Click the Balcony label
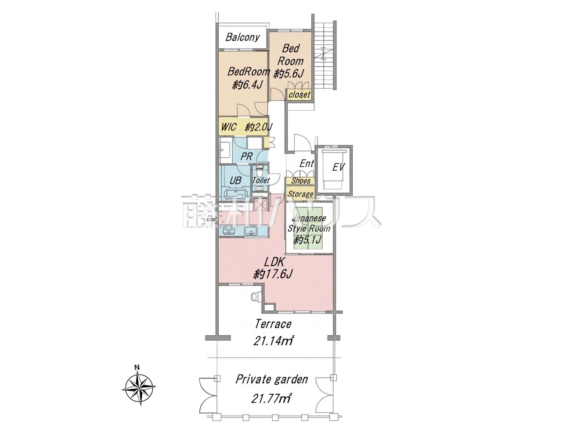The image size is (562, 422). (x=242, y=37)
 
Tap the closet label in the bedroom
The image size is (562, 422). (x=299, y=95)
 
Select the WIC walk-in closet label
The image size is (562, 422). (x=229, y=127)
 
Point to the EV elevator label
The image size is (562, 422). (x=338, y=167)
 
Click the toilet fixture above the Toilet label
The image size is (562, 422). (x=259, y=171)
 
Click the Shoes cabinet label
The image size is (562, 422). (x=301, y=181)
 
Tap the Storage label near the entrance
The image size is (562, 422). (x=301, y=194)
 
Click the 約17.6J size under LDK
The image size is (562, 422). (x=273, y=274)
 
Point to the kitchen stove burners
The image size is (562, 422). (x=229, y=230)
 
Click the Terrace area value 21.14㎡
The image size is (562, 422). (x=273, y=340)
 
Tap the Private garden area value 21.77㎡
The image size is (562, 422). (x=271, y=398)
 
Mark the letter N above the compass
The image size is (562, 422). (x=137, y=367)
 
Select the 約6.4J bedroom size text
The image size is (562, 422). (x=247, y=85)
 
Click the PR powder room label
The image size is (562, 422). (x=246, y=156)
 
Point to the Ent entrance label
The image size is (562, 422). (x=306, y=164)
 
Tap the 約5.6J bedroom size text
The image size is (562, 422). (x=288, y=73)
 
